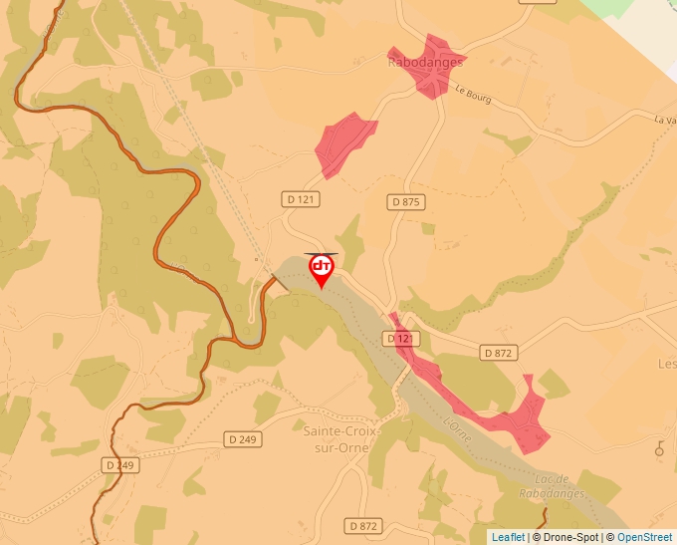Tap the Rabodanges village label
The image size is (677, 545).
coord(426,62)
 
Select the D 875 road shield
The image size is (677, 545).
coord(405,202)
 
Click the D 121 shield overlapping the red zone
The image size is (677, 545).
coord(400,339)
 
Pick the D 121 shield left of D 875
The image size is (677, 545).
coord(303,199)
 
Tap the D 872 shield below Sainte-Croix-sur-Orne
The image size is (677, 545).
coord(365,525)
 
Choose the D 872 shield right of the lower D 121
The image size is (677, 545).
coord(499,353)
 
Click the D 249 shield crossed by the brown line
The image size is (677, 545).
coord(121,465)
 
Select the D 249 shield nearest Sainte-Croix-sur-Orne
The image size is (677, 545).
coord(242,438)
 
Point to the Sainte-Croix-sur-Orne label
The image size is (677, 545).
coord(336,439)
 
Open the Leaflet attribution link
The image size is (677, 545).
coord(508,537)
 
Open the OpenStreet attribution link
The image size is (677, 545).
coord(645,537)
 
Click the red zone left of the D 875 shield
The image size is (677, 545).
coord(344,141)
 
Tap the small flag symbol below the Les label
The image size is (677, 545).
coord(659,448)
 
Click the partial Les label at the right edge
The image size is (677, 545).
coord(667,364)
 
